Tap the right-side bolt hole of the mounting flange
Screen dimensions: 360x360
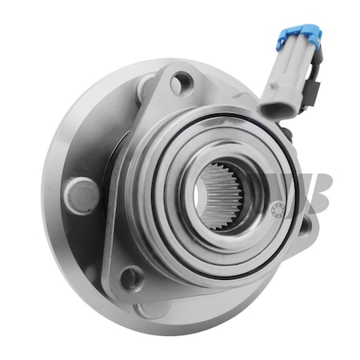[x=305, y=226]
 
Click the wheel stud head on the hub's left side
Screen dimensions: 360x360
[x=80, y=194]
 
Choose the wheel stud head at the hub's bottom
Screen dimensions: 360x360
[x=152, y=308]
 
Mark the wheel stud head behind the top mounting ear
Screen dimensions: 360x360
[x=146, y=86]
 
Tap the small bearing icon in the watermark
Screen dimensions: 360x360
[x=279, y=210]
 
